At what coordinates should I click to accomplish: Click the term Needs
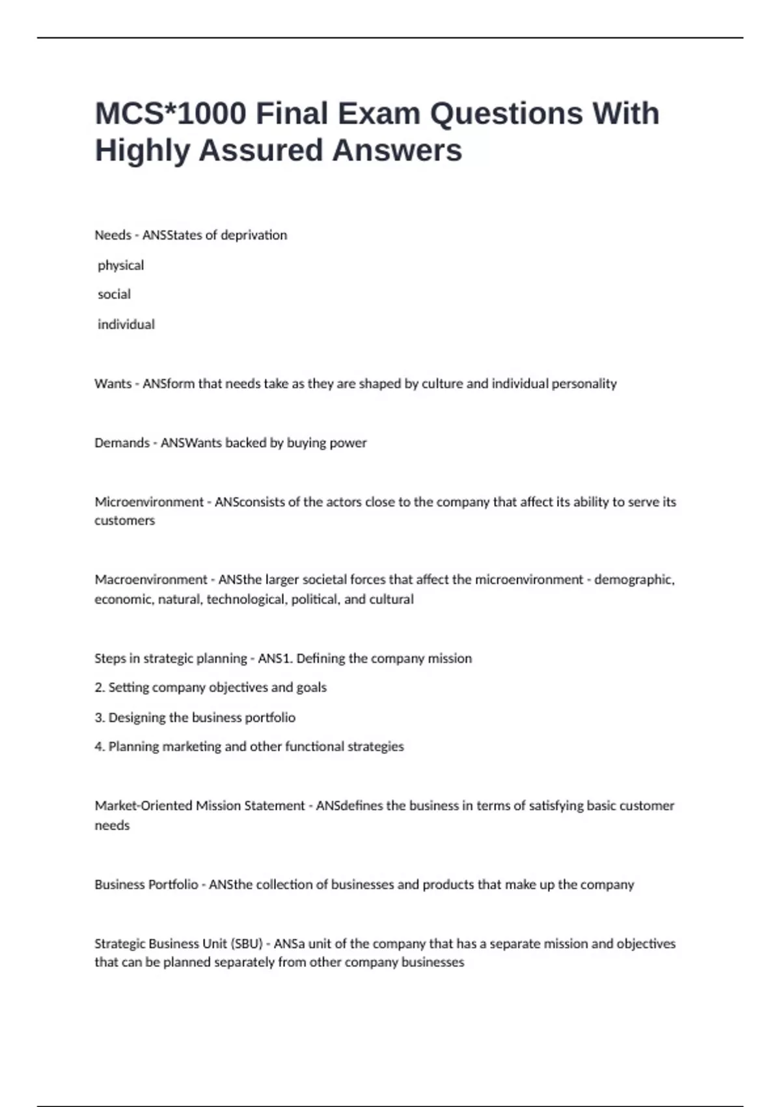[113, 235]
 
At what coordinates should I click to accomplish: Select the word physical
[120, 266]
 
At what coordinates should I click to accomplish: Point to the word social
[114, 294]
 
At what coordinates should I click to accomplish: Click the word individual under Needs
[126, 324]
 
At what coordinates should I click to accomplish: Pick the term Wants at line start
[113, 384]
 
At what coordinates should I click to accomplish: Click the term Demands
[122, 443]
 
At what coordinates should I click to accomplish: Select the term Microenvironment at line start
[149, 502]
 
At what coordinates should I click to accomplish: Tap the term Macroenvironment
[150, 580]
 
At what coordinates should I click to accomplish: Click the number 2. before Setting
[100, 688]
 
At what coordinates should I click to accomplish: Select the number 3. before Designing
[100, 718]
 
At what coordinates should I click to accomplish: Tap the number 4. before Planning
[100, 747]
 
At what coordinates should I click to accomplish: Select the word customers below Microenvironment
[124, 521]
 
